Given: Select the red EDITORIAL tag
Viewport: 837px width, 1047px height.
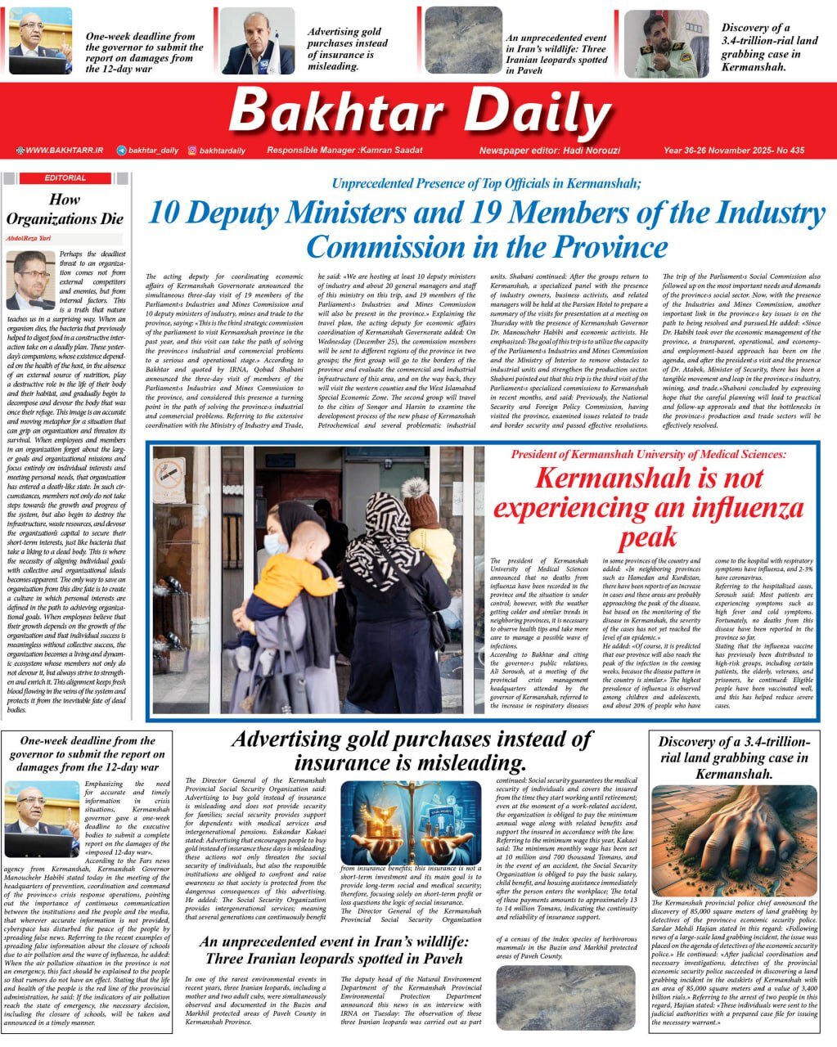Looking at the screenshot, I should [66, 177].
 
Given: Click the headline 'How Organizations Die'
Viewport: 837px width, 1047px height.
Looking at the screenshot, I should [65, 209].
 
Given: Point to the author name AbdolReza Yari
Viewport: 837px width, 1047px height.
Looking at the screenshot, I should [30, 237].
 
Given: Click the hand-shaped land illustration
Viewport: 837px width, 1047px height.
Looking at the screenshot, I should [734, 840].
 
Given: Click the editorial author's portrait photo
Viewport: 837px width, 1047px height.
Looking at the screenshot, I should [30, 278].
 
